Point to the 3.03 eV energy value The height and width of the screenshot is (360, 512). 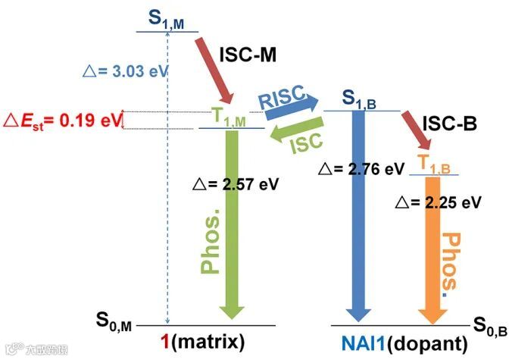click(x=125, y=73)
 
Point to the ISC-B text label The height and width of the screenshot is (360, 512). click(x=449, y=123)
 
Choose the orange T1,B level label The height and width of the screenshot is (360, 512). click(x=434, y=163)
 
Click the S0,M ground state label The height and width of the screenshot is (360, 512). click(x=114, y=324)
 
